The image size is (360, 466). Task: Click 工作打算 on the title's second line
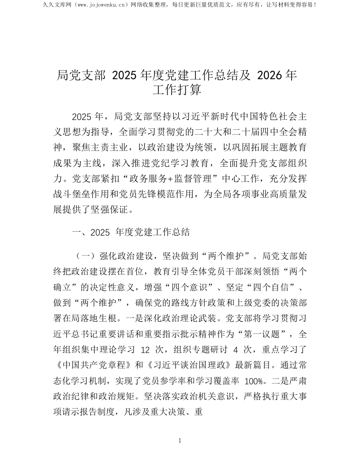pyautogui.click(x=177, y=90)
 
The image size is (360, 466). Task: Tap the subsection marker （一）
pyautogui.click(x=84, y=256)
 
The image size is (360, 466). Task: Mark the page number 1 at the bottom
pyautogui.click(x=180, y=441)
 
